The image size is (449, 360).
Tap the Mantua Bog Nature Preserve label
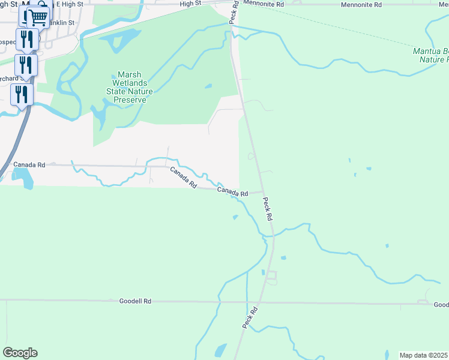pos(430,55)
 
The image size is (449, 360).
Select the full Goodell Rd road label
pos(135,301)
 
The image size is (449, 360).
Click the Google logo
pos(20,352)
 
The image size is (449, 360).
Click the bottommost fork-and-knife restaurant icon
pos(22,94)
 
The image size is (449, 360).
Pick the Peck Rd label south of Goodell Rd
pos(250,317)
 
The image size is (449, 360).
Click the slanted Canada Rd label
pos(183,178)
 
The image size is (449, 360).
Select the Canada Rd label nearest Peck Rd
pos(232,192)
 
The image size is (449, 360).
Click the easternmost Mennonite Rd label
pos(361,4)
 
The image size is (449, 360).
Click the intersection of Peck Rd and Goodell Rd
pos(261,302)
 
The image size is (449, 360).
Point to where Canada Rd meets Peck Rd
pos(262,192)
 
